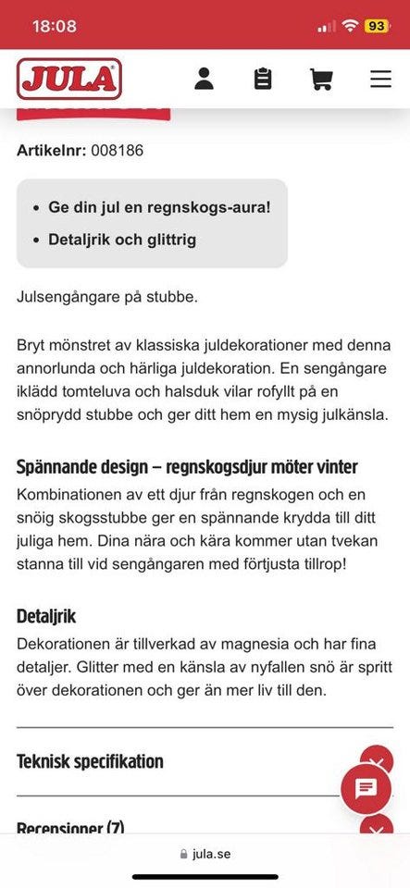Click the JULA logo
tap(69, 79)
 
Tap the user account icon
tap(205, 79)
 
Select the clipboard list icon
tap(263, 79)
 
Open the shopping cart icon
tap(321, 79)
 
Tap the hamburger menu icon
tap(380, 79)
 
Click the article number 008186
tap(117, 150)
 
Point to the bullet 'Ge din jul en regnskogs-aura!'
tap(159, 207)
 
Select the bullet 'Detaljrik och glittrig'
tap(122, 240)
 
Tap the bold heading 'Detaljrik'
tap(46, 616)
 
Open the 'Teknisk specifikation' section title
tap(90, 762)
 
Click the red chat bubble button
tap(366, 788)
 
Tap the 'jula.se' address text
tap(211, 854)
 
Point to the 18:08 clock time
tap(55, 26)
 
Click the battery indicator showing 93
tap(377, 26)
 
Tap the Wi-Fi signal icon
tap(349, 26)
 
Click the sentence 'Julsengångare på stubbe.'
tap(107, 297)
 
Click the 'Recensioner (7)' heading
tap(70, 827)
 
